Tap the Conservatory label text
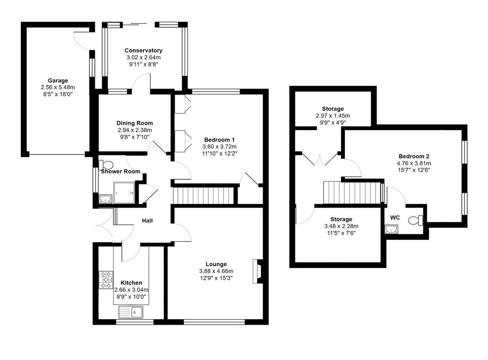(143, 50)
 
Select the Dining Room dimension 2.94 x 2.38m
(135, 130)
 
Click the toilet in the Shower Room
(107, 165)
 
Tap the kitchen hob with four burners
(105, 280)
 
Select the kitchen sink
(131, 312)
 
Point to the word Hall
(147, 221)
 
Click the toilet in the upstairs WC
(416, 220)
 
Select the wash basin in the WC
(391, 230)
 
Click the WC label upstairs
(395, 218)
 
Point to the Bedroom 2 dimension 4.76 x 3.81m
(414, 163)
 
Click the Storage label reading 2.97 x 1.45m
(333, 116)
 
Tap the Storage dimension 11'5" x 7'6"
(338, 233)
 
